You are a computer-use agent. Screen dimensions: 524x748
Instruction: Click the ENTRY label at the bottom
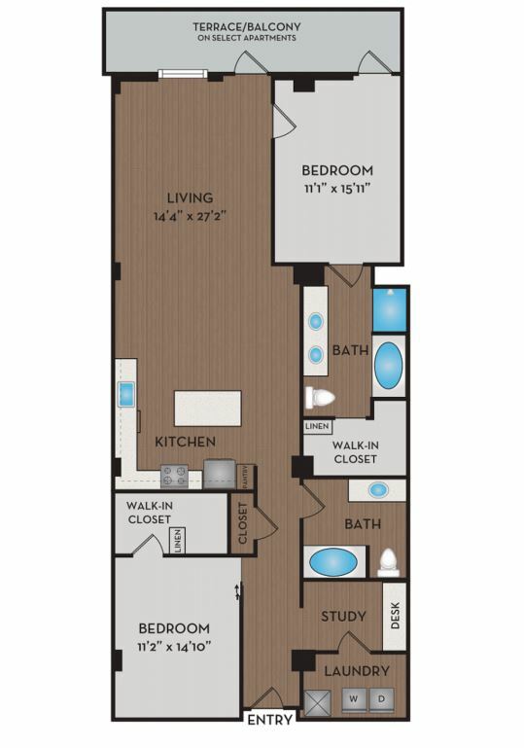click(x=270, y=720)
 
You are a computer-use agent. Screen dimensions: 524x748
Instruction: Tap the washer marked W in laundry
click(x=354, y=699)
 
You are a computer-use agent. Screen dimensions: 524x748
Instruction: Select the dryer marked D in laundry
click(x=381, y=699)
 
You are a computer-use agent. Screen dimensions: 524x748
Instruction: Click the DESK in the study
click(x=395, y=616)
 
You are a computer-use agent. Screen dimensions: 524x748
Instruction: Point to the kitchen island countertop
click(x=208, y=409)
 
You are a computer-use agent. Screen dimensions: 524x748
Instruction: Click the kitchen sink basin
click(x=126, y=395)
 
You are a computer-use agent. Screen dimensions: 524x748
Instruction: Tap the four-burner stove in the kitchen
click(x=174, y=476)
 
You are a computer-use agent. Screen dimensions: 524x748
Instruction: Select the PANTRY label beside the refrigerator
click(x=246, y=477)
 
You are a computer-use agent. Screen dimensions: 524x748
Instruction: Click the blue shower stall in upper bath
click(x=390, y=309)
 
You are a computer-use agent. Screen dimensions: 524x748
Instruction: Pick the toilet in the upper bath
click(x=320, y=398)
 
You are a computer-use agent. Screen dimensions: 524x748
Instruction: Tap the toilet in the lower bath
click(x=388, y=562)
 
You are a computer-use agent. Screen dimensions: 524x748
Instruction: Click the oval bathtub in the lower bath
click(x=333, y=562)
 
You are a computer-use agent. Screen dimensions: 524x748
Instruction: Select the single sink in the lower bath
click(x=378, y=490)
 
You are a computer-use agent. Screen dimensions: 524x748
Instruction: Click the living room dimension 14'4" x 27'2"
click(x=190, y=216)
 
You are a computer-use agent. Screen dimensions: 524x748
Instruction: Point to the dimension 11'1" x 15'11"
click(x=337, y=188)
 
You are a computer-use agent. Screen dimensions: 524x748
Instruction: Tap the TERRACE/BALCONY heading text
click(x=247, y=26)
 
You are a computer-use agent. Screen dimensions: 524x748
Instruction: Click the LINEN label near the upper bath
click(x=318, y=426)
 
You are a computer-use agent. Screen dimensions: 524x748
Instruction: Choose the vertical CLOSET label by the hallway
click(x=243, y=523)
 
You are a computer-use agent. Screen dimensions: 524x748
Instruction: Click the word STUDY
click(x=343, y=617)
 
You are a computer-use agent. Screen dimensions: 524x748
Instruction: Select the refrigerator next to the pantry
click(x=220, y=474)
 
